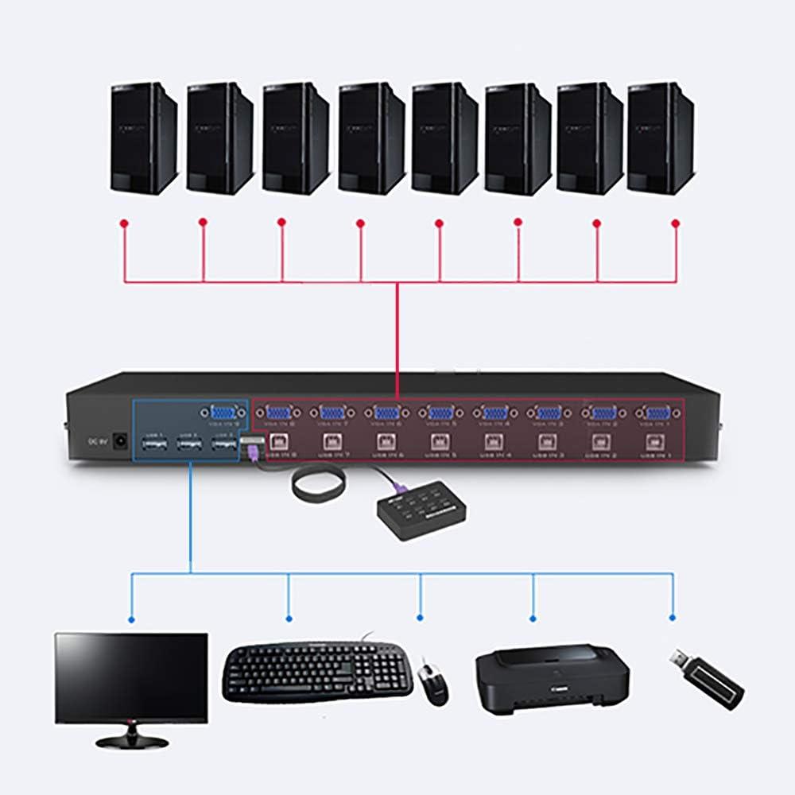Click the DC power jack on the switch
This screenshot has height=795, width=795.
(121, 438)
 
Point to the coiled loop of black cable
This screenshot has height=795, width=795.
(318, 484)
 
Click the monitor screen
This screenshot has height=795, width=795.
(131, 676)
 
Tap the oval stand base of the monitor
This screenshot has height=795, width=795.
(132, 741)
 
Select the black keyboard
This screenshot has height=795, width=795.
(318, 672)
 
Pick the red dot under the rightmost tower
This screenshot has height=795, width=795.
(676, 223)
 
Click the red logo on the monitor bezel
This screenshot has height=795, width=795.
(131, 723)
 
